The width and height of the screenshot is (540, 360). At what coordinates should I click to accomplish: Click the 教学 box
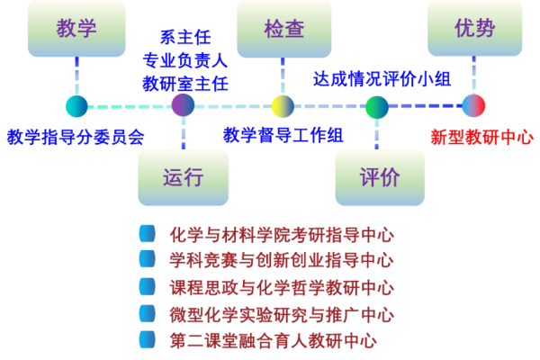click(76, 28)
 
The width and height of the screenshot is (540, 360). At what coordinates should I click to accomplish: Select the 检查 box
click(283, 29)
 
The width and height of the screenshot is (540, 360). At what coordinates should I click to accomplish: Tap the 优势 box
click(474, 28)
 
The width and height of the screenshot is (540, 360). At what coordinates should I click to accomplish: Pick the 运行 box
click(183, 176)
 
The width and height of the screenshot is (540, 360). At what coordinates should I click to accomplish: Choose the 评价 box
click(380, 176)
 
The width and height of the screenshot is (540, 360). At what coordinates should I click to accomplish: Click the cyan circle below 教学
click(76, 106)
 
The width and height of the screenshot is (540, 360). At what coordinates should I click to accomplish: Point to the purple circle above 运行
click(183, 105)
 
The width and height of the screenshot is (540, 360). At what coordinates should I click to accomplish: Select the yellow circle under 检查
click(283, 106)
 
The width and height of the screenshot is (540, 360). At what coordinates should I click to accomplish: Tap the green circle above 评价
click(376, 107)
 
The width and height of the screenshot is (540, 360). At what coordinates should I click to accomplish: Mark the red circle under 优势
click(473, 105)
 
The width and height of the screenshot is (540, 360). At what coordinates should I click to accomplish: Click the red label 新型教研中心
click(481, 137)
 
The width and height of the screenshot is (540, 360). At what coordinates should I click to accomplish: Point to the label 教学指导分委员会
click(76, 137)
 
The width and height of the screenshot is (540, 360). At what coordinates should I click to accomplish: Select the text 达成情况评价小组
click(382, 78)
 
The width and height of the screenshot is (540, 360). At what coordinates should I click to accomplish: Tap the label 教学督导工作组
click(283, 135)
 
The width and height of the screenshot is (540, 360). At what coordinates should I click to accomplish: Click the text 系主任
click(185, 37)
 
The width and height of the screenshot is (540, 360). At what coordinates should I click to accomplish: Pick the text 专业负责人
click(185, 60)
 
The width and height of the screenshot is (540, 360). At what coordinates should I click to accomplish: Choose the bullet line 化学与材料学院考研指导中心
click(282, 235)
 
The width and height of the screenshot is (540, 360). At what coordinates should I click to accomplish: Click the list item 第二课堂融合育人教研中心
click(273, 340)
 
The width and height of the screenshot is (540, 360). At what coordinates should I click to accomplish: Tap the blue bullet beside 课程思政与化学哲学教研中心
click(147, 287)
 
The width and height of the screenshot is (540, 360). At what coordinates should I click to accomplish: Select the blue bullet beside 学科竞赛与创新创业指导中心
click(147, 259)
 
